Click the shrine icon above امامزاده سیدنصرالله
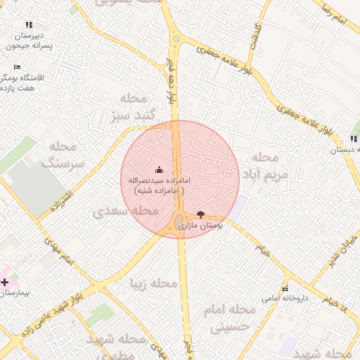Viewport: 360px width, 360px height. coord(158,169)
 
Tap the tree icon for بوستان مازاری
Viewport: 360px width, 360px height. coord(202,214)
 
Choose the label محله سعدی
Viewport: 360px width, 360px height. coord(125,210)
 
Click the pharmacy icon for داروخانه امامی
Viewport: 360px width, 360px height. coord(285,288)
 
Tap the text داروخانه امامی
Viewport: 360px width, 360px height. coord(278,299)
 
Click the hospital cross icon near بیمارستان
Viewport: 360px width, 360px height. coord(5,282)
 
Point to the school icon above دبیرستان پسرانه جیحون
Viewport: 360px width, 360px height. coord(29,25)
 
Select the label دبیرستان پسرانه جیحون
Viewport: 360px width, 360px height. coord(28,40)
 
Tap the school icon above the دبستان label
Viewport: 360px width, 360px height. coord(353,140)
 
